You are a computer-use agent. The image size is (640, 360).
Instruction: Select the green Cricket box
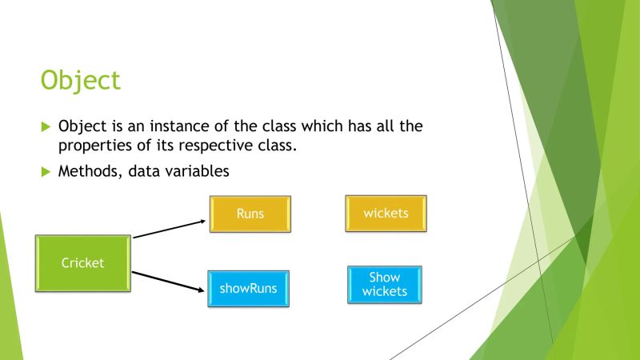tap(83, 262)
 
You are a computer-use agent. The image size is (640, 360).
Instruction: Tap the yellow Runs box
tap(250, 214)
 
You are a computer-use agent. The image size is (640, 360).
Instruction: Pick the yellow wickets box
tap(386, 214)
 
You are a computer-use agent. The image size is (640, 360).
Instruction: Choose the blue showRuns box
tap(249, 288)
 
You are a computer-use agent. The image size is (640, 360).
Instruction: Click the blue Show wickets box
tap(384, 284)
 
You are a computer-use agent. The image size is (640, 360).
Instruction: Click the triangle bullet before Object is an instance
tap(45, 127)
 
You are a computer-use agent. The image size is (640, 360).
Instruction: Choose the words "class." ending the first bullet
tap(286, 146)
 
